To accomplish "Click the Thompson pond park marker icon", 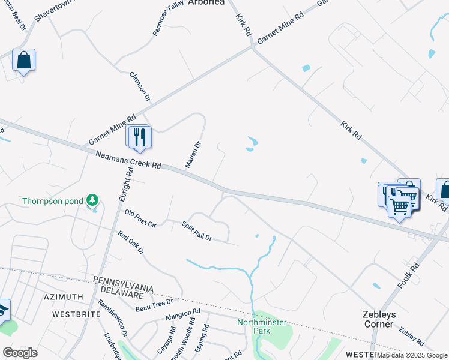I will [x=92, y=199].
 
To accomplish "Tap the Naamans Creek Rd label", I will [x=128, y=160].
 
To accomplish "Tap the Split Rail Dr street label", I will [x=197, y=230].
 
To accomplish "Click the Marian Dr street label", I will [x=193, y=155].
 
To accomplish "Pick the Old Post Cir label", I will [x=140, y=218].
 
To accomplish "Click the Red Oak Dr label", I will [x=131, y=242].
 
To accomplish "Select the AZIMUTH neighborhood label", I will [x=64, y=298].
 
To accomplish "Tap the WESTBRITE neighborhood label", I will [x=74, y=314].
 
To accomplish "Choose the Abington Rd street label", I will [x=183, y=315].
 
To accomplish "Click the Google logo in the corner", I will [x=20, y=353].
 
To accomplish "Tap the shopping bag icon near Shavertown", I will [x=23, y=61].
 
